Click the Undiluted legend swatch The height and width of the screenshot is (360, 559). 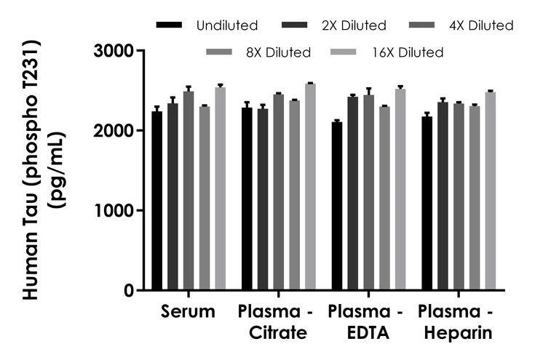click(x=170, y=25)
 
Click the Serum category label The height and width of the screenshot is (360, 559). click(x=189, y=313)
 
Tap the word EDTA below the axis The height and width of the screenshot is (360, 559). click(x=364, y=333)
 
